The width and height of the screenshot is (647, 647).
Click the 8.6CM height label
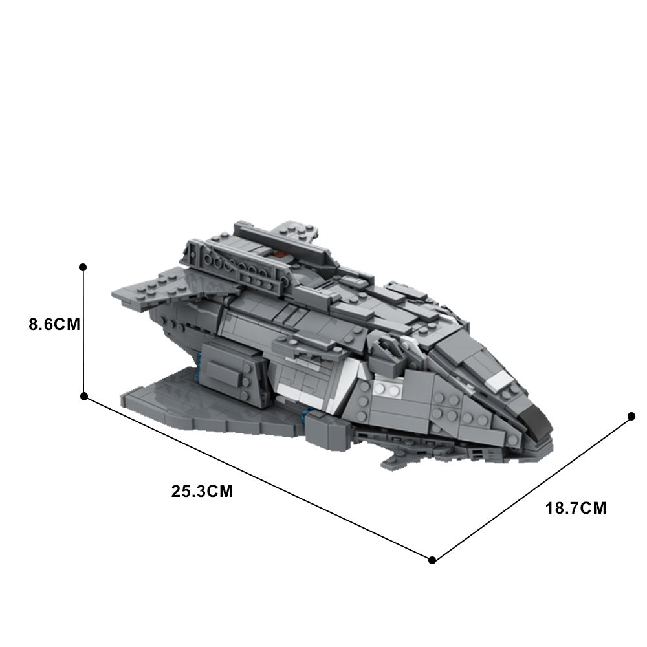54,323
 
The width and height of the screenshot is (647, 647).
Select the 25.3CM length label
202,491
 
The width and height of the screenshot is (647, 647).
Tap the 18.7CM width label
576,508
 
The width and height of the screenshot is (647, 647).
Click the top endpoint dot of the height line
83,267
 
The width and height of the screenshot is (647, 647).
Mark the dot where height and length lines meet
83,396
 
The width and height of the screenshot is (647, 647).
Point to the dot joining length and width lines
432,560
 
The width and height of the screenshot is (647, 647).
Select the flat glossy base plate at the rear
194,401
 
